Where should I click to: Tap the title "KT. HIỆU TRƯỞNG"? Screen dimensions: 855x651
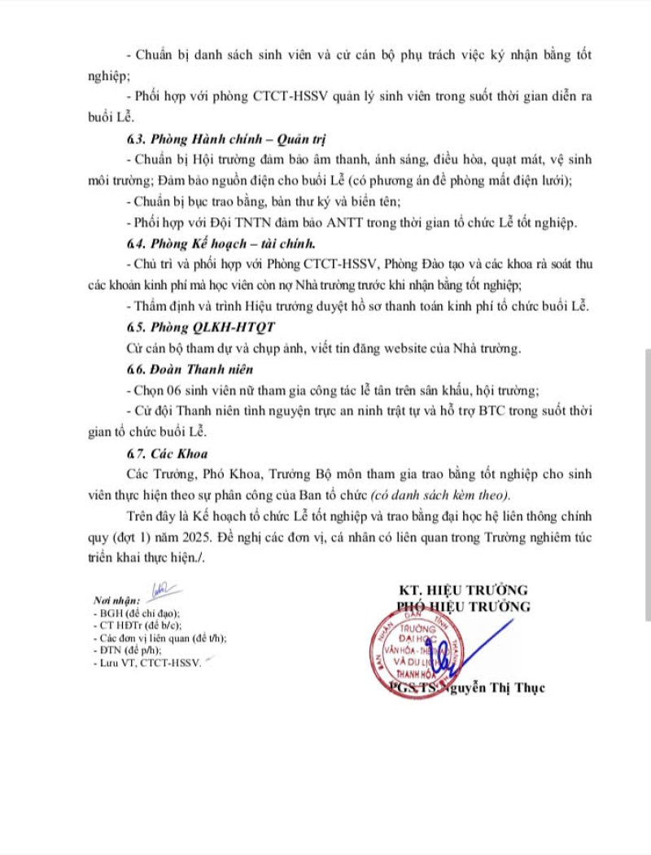click(463, 590)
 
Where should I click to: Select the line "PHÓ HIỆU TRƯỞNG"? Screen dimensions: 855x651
click(463, 606)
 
